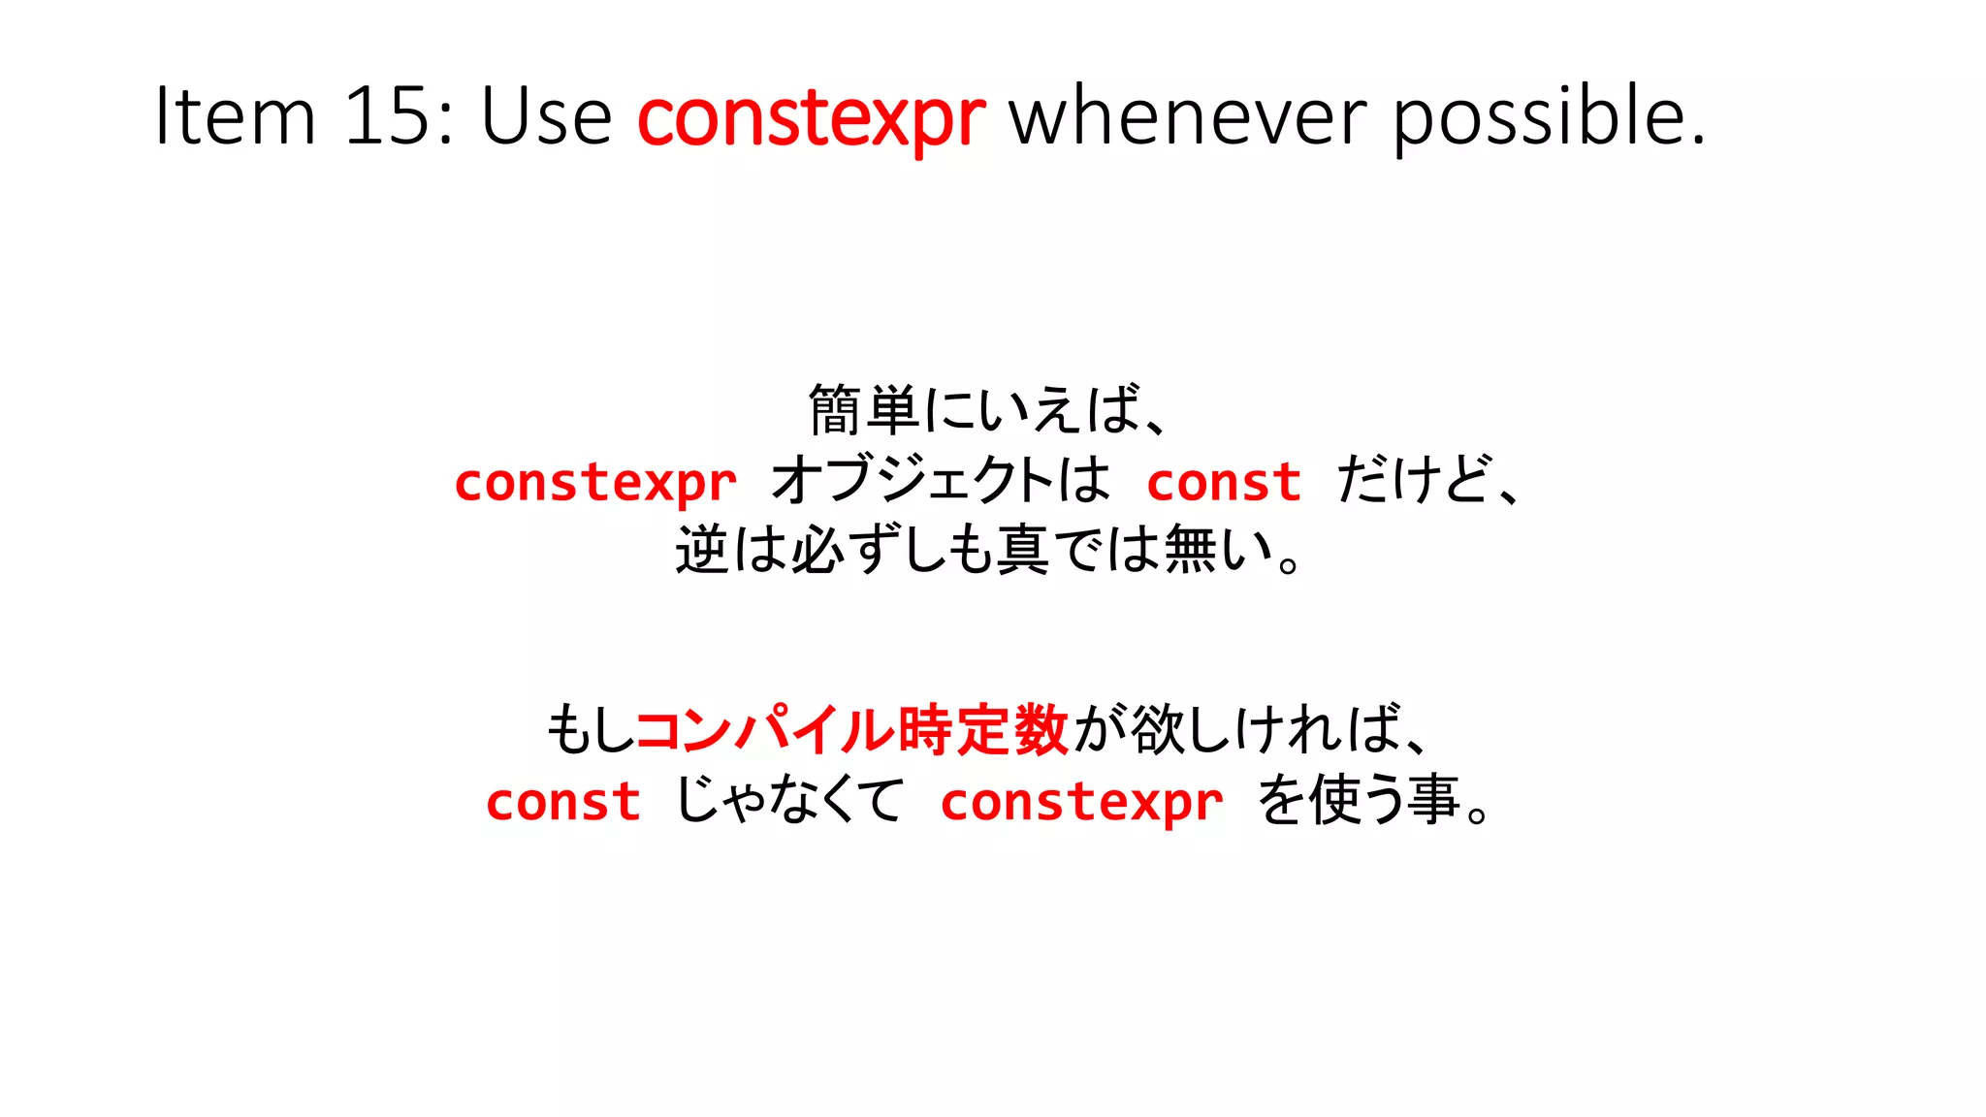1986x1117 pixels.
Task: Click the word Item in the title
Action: [x=236, y=116]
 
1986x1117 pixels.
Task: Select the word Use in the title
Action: [x=546, y=116]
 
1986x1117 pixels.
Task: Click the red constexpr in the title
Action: [x=812, y=118]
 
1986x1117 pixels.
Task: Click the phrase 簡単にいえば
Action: [x=975, y=410]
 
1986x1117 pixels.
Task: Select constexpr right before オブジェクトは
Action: [x=595, y=482]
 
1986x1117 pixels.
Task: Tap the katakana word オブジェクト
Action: [x=912, y=480]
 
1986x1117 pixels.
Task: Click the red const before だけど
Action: [x=1224, y=482]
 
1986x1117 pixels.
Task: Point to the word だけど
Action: [x=1412, y=480]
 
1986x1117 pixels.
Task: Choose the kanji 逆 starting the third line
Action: [x=702, y=550]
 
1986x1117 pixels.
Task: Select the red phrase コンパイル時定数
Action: [x=851, y=730]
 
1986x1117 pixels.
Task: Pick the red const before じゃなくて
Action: [x=563, y=802]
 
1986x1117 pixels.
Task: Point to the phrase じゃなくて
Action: [x=789, y=800]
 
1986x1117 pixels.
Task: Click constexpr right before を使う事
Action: [x=1081, y=802]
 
